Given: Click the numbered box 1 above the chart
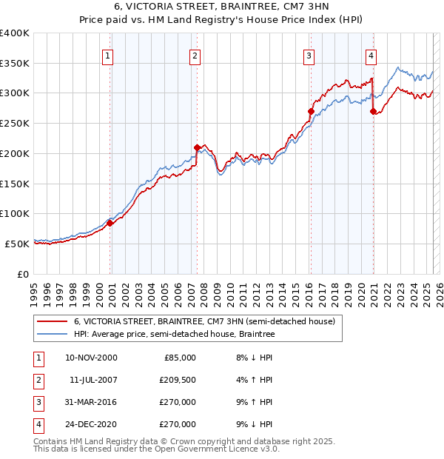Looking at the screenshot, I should click(x=108, y=55).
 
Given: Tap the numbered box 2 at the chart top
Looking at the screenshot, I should click(x=195, y=55).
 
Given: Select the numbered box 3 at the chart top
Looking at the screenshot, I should click(x=309, y=55).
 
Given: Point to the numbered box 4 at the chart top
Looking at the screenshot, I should click(x=371, y=55).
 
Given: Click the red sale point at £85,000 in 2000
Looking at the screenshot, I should click(x=110, y=222).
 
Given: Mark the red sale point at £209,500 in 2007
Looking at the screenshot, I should click(x=198, y=147).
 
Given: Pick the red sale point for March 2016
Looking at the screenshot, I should click(x=312, y=111).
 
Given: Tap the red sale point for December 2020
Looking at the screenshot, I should click(x=374, y=111).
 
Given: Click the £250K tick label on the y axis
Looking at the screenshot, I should click(x=15, y=123).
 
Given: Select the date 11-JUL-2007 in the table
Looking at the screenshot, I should click(x=92, y=380).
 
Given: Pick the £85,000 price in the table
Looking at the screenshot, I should click(x=178, y=358).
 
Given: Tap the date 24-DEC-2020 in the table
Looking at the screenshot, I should click(x=92, y=424).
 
